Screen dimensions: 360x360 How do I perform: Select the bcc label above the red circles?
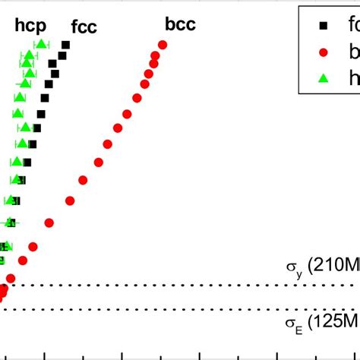click(180, 24)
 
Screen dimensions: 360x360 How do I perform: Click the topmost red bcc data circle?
click(161, 45)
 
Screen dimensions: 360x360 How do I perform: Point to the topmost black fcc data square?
click(65, 46)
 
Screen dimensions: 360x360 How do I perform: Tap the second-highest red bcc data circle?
click(156, 55)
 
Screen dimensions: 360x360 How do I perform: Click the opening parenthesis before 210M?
click(311, 267)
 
